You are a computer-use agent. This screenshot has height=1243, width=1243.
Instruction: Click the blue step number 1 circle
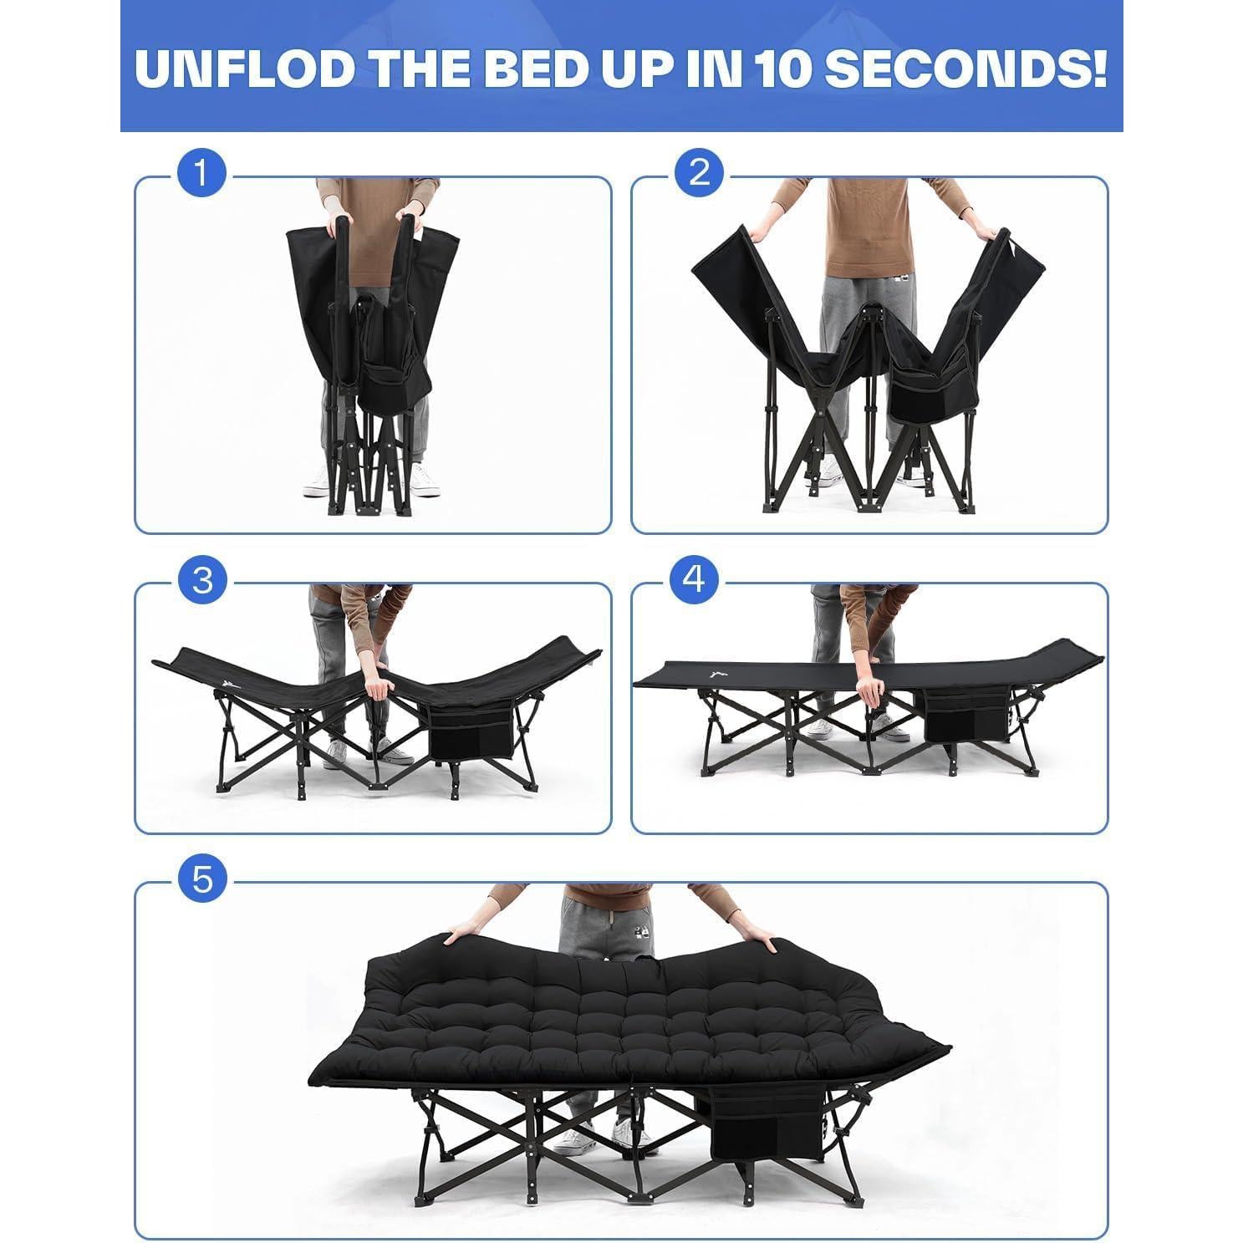click(201, 174)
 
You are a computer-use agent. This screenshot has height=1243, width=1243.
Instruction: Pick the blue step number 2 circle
click(699, 174)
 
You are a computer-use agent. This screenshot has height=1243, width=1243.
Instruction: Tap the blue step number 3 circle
click(201, 580)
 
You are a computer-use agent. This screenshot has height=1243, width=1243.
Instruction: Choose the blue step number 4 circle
click(695, 578)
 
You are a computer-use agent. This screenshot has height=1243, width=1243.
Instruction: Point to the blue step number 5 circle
click(201, 879)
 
